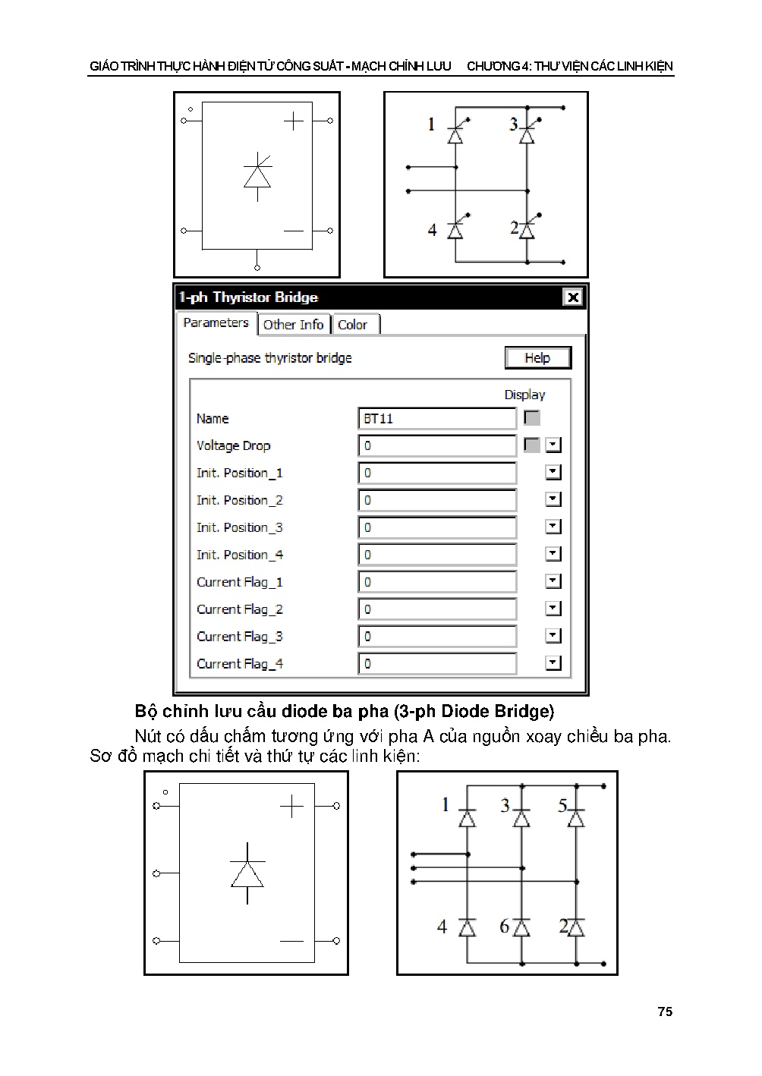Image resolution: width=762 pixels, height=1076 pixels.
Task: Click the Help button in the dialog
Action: point(537,358)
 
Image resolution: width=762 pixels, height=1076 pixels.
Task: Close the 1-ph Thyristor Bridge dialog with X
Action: point(573,297)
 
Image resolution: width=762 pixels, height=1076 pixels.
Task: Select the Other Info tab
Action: point(293,325)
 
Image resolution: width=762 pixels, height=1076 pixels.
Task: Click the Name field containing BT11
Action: point(436,419)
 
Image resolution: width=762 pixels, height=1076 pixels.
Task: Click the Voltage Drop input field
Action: point(436,446)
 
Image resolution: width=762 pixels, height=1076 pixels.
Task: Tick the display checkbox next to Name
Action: point(532,418)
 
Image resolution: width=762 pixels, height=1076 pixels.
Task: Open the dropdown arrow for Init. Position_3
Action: point(553,527)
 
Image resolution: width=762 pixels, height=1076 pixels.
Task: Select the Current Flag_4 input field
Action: point(436,664)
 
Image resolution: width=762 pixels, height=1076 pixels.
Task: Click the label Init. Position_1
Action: point(239,474)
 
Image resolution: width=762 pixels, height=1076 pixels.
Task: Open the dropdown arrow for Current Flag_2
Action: point(553,609)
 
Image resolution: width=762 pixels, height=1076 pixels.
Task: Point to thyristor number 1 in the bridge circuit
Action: point(455,135)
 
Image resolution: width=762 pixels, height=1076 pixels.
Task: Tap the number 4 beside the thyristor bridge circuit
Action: point(432,230)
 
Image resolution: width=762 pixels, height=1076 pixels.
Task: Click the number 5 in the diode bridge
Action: point(562,806)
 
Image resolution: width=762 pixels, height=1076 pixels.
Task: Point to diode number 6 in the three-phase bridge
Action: point(521,927)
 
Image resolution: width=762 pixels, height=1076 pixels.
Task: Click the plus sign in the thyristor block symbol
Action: point(293,121)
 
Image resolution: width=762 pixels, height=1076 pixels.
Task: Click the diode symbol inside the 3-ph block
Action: point(247,873)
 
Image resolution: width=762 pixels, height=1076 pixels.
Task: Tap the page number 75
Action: point(665,1012)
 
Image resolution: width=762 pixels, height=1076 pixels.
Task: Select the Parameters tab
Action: point(216,323)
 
